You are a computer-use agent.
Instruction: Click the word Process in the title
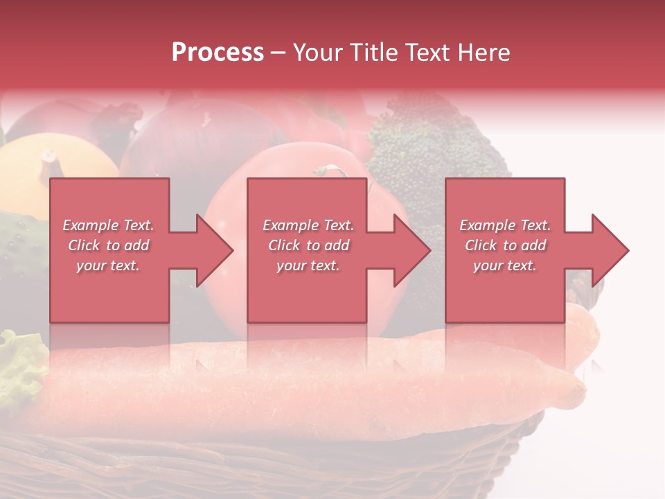coord(218,53)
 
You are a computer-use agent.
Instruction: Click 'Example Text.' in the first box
coord(108,225)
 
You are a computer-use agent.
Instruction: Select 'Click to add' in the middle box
coord(308,245)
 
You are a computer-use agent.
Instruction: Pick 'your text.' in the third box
coord(505,265)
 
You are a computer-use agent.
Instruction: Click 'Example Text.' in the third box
coord(505,225)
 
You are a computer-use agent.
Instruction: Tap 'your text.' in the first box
coord(108,265)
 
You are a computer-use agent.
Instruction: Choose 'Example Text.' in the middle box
coord(308,225)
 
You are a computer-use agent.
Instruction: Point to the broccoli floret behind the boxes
coord(429,146)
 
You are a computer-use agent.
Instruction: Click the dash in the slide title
coord(278,53)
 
